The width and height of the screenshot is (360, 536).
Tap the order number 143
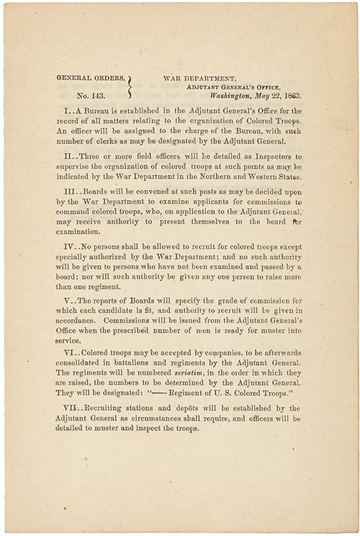[90, 94]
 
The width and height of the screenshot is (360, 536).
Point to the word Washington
[234, 94]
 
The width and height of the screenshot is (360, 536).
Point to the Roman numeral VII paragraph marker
[74, 409]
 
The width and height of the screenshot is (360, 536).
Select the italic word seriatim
[189, 373]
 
